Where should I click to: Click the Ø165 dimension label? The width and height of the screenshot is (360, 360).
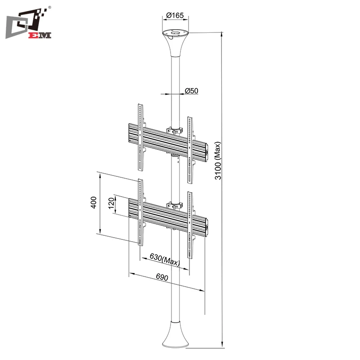point(175,15)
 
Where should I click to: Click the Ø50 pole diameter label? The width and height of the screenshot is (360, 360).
point(192,91)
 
